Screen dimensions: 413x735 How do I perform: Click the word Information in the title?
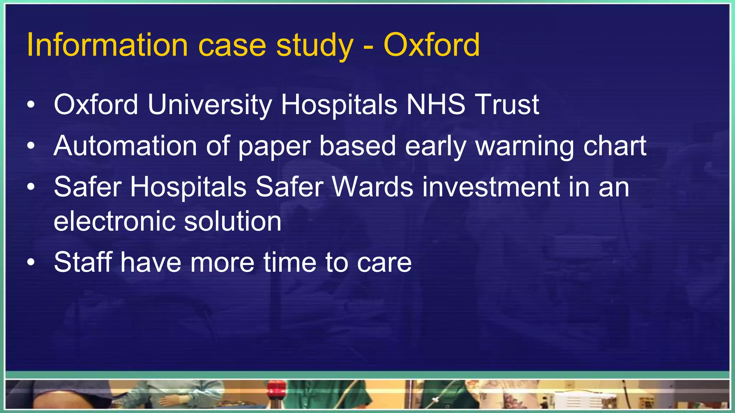click(x=107, y=45)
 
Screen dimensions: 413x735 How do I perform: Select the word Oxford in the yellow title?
click(x=431, y=45)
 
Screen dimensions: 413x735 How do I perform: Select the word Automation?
click(x=125, y=146)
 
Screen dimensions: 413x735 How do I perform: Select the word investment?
click(x=491, y=187)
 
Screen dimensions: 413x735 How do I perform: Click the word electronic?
click(x=114, y=221)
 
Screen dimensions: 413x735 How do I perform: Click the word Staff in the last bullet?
click(x=83, y=262)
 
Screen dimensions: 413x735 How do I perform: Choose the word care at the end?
click(x=384, y=263)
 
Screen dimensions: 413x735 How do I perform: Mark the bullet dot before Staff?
click(x=31, y=262)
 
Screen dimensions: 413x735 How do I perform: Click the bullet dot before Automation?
click(x=31, y=146)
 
